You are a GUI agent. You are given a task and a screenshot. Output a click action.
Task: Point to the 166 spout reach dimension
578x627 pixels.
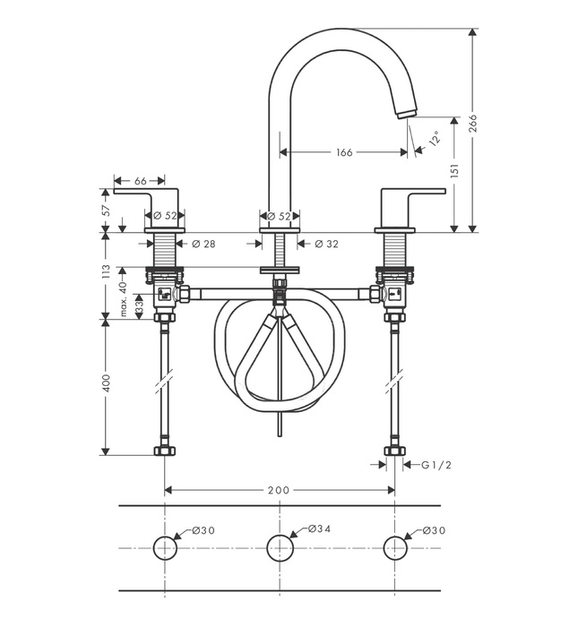[x=344, y=152]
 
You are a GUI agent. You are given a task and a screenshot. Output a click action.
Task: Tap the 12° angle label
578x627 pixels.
[x=435, y=138]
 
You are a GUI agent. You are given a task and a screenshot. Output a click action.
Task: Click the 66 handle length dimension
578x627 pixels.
[x=141, y=181]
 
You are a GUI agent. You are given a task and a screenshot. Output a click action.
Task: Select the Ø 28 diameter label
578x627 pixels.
[x=205, y=244]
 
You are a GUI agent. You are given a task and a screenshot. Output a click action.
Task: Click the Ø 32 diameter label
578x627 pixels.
[x=327, y=244]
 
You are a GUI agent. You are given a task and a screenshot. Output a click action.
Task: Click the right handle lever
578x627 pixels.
[x=412, y=192]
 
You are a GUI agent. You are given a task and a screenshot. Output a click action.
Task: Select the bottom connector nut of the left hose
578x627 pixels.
[x=165, y=451]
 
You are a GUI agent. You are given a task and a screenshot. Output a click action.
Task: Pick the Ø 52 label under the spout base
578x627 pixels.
[x=280, y=216]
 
